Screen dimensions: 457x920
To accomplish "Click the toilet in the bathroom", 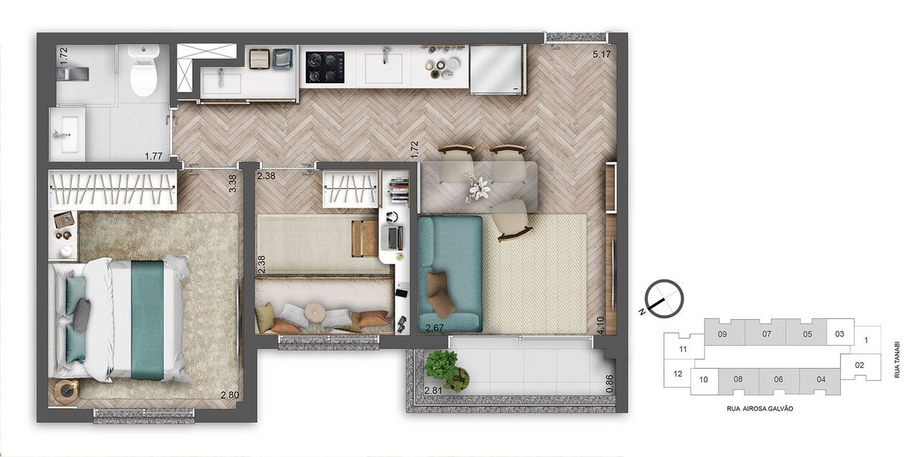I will (144, 72).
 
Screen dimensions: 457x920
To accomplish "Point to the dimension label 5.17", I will (602, 54).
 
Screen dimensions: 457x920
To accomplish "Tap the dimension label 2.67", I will (436, 328).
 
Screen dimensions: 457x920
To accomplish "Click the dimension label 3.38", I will (232, 185).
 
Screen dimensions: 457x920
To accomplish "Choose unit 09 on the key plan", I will (723, 334).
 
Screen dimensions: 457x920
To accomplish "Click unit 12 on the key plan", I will (677, 374).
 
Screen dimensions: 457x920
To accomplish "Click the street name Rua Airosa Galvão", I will (760, 408).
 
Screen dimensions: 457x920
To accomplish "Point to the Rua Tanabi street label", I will (898, 360).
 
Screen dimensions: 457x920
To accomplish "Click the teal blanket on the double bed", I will (147, 319).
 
